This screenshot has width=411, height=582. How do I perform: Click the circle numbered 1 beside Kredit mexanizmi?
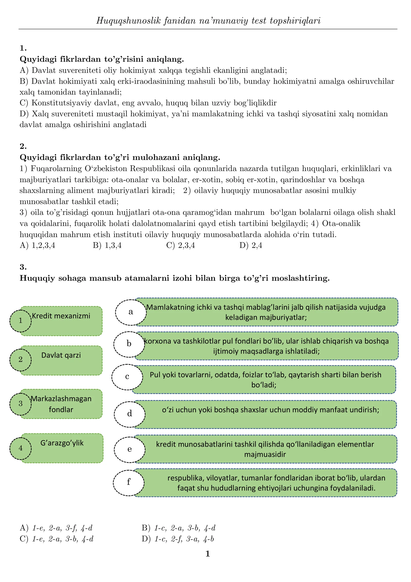click(x=20, y=321)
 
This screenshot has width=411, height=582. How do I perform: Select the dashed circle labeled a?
click(x=131, y=312)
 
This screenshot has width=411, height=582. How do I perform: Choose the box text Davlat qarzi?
click(x=61, y=355)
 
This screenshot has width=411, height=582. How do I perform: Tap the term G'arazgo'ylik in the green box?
click(x=62, y=443)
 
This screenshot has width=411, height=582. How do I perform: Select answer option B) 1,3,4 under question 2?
click(x=107, y=245)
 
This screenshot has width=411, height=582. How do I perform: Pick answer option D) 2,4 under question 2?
click(x=251, y=245)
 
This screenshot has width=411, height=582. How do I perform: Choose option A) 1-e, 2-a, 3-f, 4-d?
click(x=56, y=528)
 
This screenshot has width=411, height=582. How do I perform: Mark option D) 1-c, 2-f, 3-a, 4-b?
click(x=178, y=539)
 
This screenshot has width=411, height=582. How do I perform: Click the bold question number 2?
click(x=23, y=146)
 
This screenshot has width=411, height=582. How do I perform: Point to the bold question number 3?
click(x=23, y=267)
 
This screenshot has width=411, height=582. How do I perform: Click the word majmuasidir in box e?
click(x=265, y=454)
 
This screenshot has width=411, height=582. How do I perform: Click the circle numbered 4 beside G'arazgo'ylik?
click(x=20, y=448)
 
